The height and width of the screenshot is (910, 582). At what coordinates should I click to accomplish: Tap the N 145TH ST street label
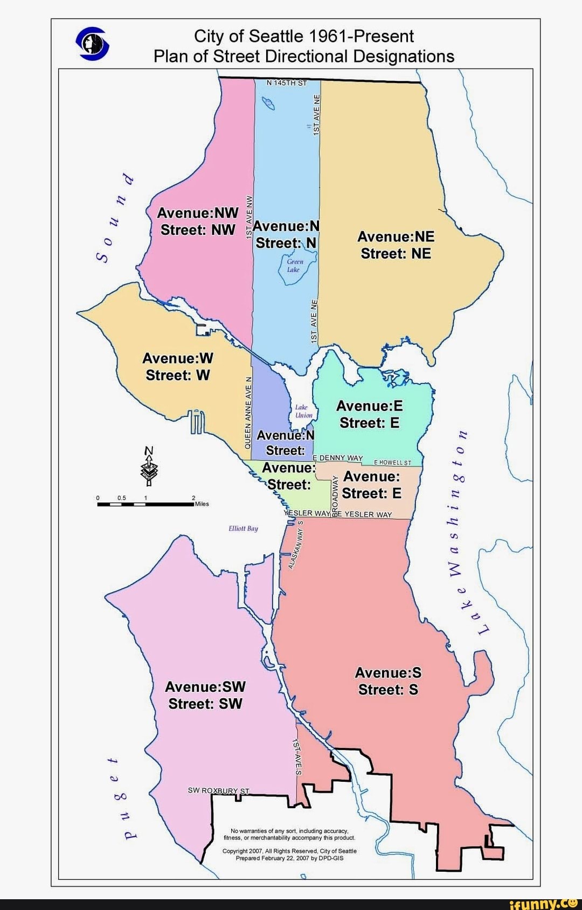[287, 83]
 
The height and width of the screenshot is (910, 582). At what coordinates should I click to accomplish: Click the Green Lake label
[294, 265]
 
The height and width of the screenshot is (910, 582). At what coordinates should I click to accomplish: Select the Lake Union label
[303, 411]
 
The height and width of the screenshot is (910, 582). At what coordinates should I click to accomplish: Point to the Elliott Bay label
[243, 529]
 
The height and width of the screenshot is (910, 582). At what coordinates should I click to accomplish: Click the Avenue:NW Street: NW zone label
[198, 221]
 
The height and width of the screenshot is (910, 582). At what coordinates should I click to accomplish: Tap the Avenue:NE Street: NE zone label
[396, 245]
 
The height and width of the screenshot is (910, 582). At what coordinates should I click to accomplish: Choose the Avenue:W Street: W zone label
[178, 366]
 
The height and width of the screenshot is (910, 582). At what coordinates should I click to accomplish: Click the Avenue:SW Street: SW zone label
[205, 695]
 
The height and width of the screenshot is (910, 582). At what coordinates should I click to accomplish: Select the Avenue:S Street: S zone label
[388, 681]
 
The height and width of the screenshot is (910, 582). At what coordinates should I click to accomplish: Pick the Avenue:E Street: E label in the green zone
[370, 414]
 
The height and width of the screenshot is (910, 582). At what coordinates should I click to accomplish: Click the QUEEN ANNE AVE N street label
[248, 413]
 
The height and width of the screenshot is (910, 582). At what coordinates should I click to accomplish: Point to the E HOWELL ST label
[392, 462]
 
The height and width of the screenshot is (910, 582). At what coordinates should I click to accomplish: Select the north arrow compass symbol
[149, 467]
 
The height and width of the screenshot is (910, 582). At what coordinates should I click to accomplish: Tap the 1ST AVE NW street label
[250, 218]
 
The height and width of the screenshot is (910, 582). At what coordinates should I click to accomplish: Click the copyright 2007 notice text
[289, 855]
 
